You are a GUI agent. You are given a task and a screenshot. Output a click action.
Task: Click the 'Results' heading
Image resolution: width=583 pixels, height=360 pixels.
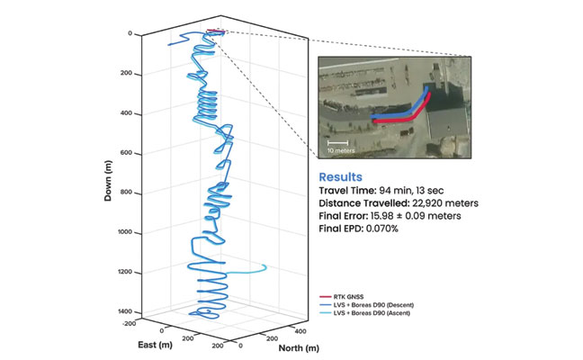(341, 177)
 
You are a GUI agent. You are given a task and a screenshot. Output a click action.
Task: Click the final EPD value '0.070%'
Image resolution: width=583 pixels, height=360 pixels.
(390, 229)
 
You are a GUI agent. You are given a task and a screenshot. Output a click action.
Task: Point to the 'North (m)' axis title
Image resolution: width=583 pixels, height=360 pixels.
(274, 347)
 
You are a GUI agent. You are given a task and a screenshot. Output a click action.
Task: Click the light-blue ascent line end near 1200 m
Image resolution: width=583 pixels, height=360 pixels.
(266, 267)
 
